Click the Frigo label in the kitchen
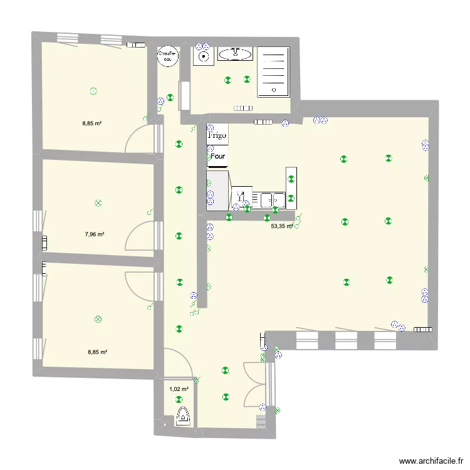[x=217, y=134]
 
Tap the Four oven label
[x=218, y=157]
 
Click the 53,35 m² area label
[x=282, y=227]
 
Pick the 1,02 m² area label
[x=179, y=389]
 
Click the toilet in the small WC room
[x=184, y=416]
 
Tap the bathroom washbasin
[x=236, y=55]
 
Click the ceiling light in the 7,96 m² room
[x=97, y=203]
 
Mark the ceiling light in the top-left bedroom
[x=93, y=91]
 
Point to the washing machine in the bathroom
[x=202, y=56]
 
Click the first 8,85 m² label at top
[x=92, y=123]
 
